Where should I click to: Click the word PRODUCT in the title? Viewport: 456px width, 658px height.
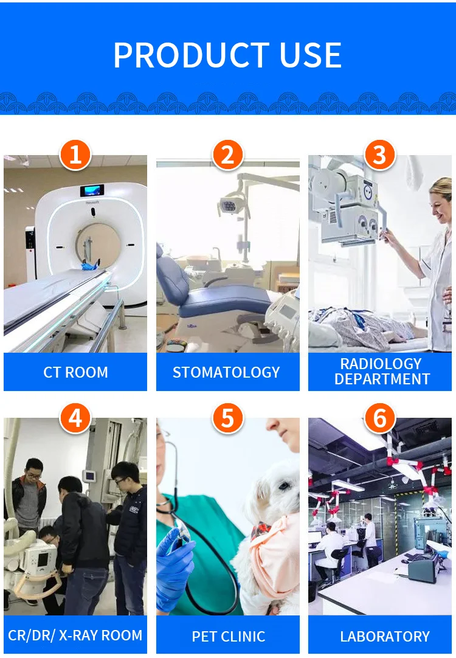tap(192, 55)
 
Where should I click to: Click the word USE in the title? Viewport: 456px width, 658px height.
tap(311, 55)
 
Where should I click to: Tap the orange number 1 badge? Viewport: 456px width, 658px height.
tap(75, 154)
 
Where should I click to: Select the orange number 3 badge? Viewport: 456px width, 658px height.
tap(379, 154)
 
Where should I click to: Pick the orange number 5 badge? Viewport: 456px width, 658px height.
tap(227, 418)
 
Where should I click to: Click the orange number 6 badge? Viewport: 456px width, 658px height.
tap(379, 418)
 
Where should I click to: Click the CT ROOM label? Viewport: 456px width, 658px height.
tap(75, 372)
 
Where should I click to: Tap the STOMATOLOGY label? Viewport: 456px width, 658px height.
tap(227, 372)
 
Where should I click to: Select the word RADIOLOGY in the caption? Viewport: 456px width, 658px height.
tap(381, 364)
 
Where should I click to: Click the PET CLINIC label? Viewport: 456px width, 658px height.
tap(228, 636)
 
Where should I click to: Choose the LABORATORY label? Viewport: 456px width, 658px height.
tap(385, 636)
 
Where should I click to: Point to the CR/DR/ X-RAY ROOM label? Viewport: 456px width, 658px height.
tap(75, 635)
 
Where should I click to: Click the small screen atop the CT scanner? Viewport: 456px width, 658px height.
tap(92, 191)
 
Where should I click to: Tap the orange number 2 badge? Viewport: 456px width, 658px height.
tap(227, 154)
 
